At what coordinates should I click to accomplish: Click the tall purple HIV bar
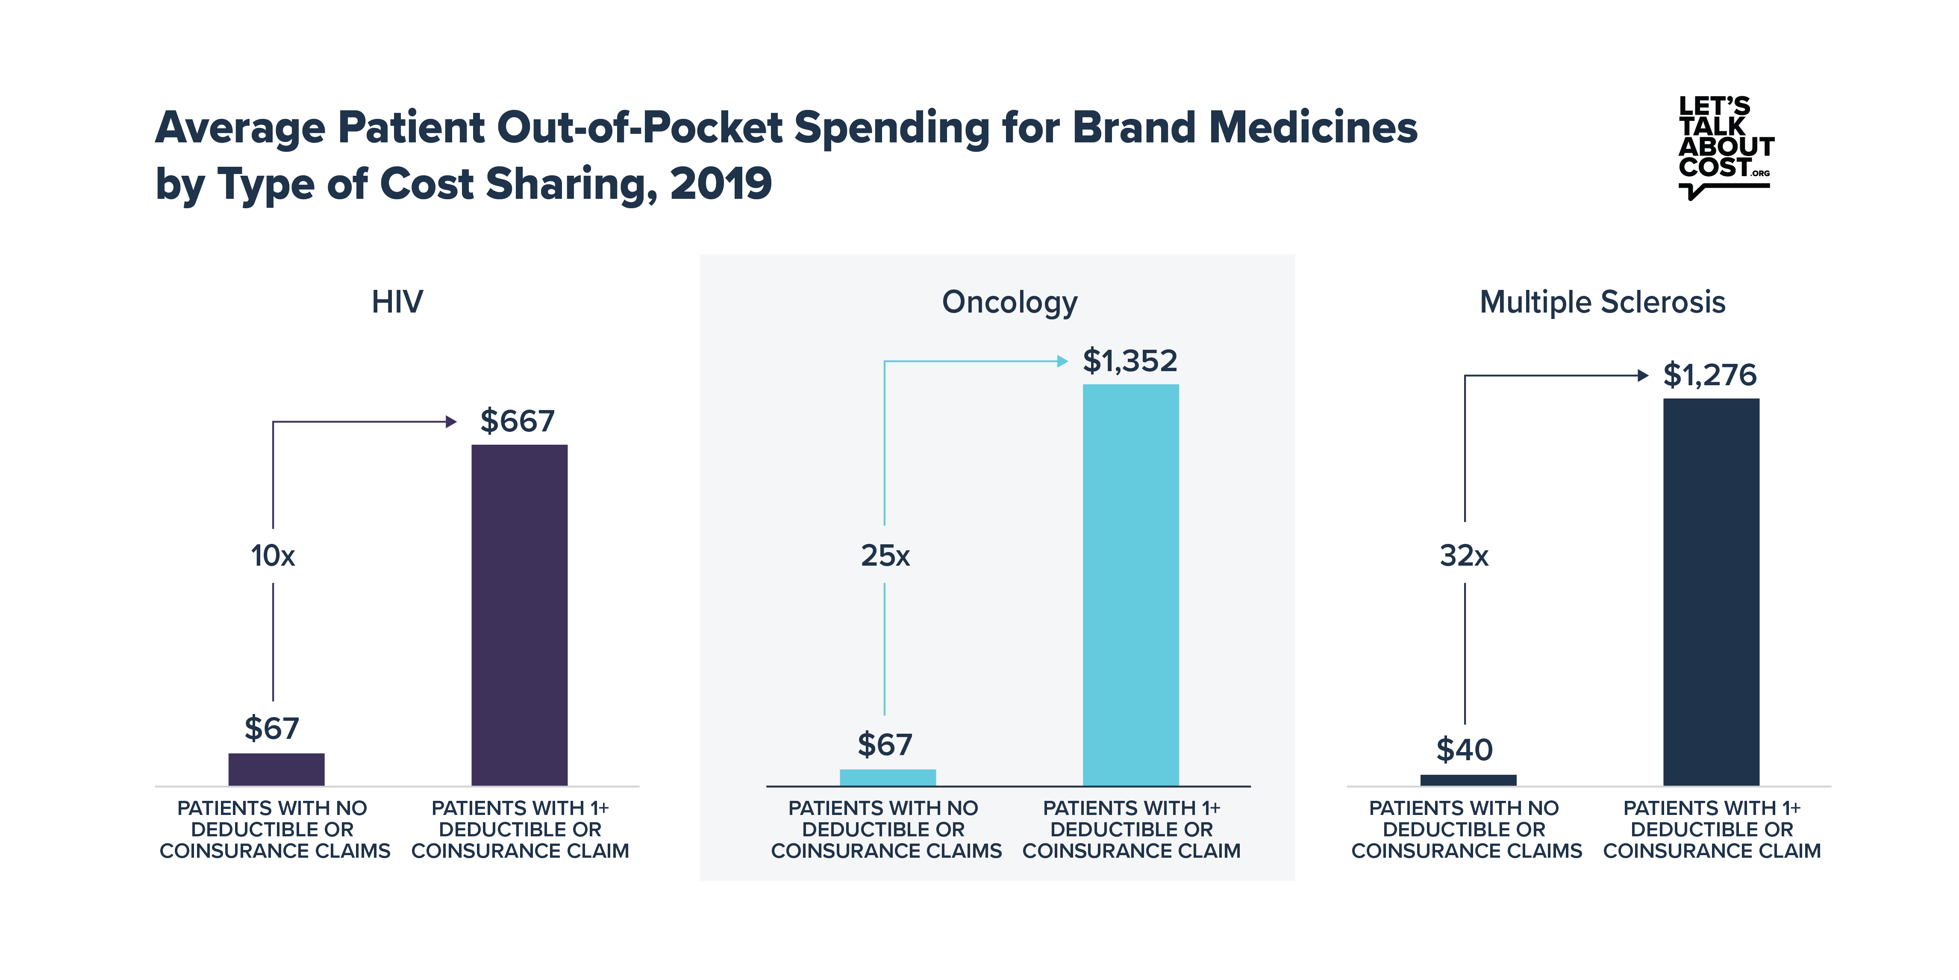519,615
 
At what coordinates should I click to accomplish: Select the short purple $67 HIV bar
276,769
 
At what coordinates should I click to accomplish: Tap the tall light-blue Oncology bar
1131,585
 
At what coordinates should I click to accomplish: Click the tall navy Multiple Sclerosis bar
1711,592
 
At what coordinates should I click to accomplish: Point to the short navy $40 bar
1468,780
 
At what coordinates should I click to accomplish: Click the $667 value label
517,421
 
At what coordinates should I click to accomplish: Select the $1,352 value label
1130,360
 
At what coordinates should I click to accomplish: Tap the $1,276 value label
1709,375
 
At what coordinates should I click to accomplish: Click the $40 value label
1464,750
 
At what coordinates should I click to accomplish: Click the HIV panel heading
397,302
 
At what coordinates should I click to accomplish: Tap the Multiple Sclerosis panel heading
1602,302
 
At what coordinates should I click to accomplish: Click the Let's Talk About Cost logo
1725,147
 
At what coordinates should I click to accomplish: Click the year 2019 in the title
721,184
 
